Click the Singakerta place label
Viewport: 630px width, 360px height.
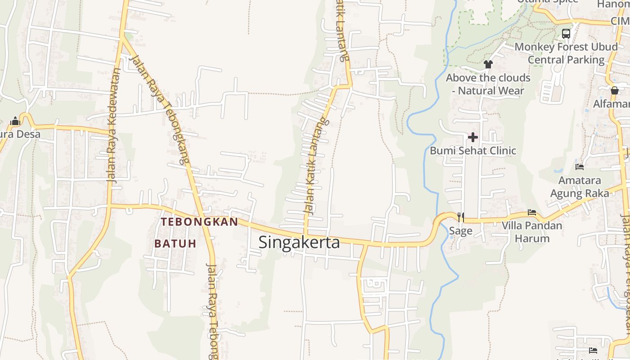coord(299,243)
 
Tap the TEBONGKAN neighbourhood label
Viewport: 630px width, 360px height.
coord(199,222)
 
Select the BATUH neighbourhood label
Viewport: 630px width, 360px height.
coord(175,243)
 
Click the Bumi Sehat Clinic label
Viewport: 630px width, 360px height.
coord(473,150)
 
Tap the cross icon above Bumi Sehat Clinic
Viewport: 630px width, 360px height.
coord(473,137)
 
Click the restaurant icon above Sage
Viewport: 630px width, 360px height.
coord(460,217)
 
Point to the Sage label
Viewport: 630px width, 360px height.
coord(461,231)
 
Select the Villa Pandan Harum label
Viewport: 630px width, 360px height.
coord(532,232)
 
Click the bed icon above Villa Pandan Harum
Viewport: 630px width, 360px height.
coord(532,212)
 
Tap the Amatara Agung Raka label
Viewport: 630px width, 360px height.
coord(580,187)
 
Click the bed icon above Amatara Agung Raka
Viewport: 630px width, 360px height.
coord(580,166)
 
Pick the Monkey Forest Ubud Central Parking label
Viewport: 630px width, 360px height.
coord(566,53)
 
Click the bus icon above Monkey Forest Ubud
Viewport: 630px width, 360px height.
coord(566,33)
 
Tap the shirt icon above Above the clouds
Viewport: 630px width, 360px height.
coord(488,64)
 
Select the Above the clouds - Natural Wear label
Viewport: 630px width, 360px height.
coord(488,84)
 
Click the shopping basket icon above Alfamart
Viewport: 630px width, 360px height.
coord(615,90)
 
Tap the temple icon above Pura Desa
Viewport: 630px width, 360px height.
coord(15,121)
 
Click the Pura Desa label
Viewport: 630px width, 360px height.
coord(20,134)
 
